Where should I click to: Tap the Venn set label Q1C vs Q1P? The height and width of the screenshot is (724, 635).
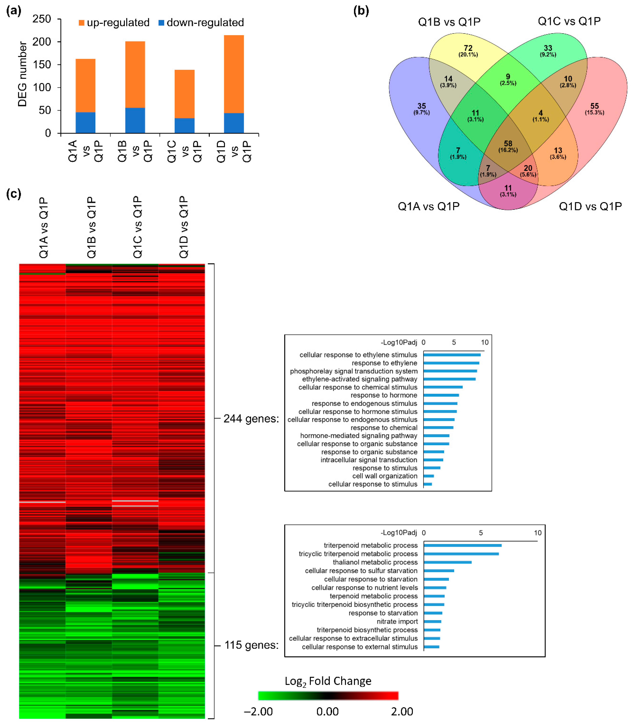pyautogui.click(x=569, y=21)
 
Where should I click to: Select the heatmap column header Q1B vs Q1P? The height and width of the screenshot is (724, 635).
pyautogui.click(x=91, y=227)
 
